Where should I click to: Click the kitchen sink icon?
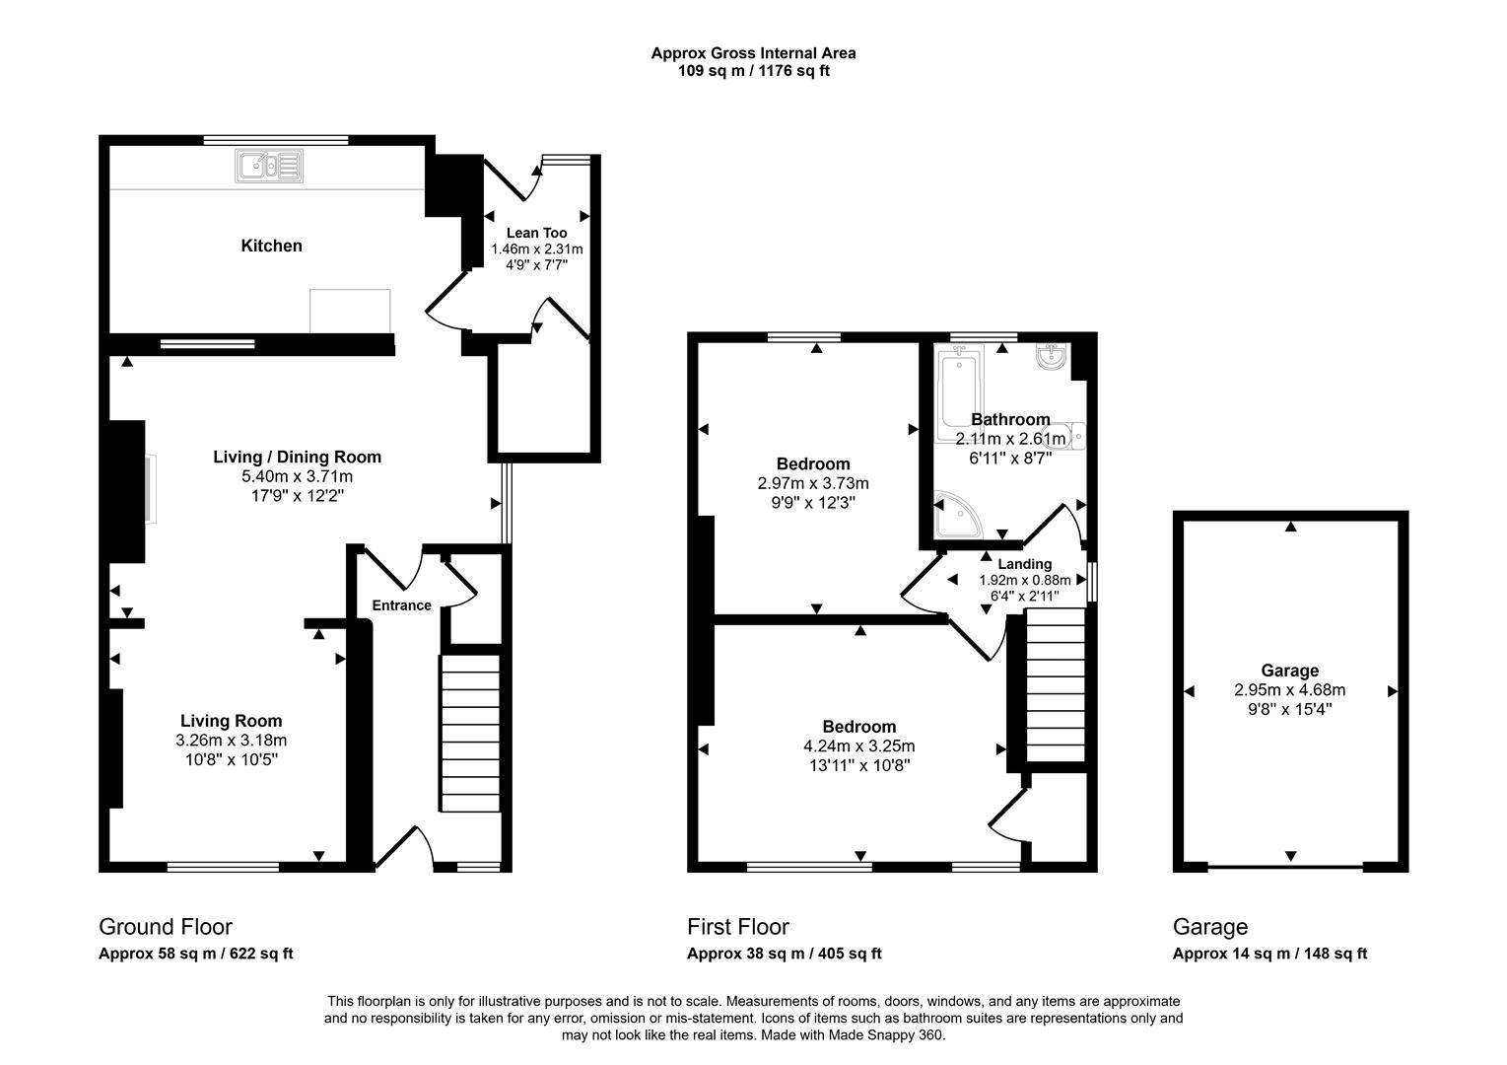(269, 166)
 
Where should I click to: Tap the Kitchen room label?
(271, 246)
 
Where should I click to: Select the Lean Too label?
(536, 233)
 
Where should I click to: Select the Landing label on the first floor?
(1024, 564)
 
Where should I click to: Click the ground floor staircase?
(469, 730)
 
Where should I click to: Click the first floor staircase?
(1056, 685)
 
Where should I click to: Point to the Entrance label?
(401, 605)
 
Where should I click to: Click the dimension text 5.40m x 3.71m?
(297, 476)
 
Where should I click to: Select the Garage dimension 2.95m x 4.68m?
(1289, 690)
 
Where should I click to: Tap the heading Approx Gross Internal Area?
(753, 53)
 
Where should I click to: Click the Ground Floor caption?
(166, 927)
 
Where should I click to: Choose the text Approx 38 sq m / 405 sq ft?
(784, 954)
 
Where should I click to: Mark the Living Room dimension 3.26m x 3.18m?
(231, 740)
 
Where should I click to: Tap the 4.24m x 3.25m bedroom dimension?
(858, 745)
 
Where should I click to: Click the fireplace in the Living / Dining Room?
(148, 490)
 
